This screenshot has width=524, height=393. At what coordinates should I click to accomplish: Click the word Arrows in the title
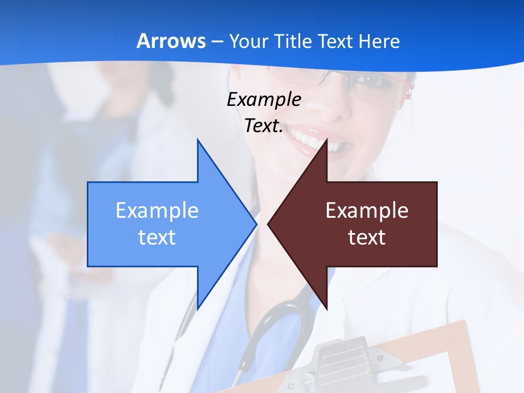click(171, 41)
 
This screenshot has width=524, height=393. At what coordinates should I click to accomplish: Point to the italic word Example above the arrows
click(264, 99)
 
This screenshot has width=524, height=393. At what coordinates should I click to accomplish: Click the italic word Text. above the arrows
click(264, 126)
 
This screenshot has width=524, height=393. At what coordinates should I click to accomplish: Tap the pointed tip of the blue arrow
click(255, 223)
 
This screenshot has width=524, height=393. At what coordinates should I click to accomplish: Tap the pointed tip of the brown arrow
click(269, 223)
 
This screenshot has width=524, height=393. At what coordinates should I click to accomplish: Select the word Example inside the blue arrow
click(157, 211)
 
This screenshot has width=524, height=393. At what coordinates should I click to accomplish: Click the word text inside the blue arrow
click(157, 237)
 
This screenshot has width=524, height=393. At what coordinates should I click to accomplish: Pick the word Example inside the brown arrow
click(367, 211)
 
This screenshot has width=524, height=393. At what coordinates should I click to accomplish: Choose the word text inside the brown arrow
click(367, 237)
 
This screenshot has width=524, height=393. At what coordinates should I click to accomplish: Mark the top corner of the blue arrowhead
click(198, 140)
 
